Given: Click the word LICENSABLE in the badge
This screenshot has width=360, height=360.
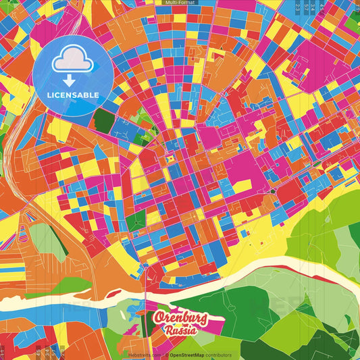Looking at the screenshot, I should click(x=73, y=95).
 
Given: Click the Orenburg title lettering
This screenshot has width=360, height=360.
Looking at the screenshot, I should click(x=180, y=318).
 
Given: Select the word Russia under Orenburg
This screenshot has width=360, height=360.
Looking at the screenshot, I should click(x=181, y=331).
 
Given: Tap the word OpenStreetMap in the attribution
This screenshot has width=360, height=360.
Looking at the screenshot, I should click(x=188, y=355).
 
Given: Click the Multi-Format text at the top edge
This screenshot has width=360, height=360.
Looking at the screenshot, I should click(x=179, y=3).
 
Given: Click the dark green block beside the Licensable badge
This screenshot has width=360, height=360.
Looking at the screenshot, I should click(x=103, y=120).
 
